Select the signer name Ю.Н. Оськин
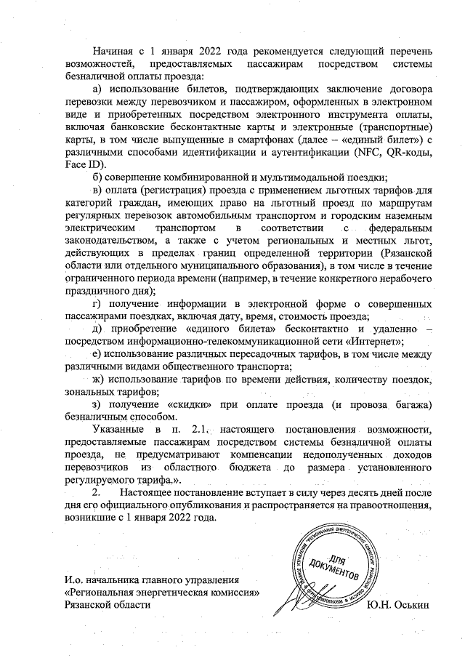(400, 606)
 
